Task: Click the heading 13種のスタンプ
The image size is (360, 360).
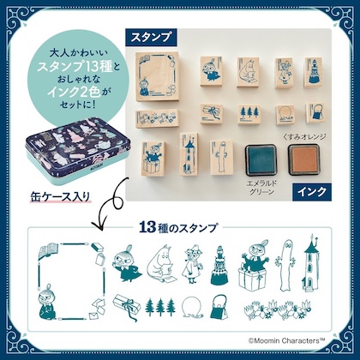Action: [180, 230]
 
